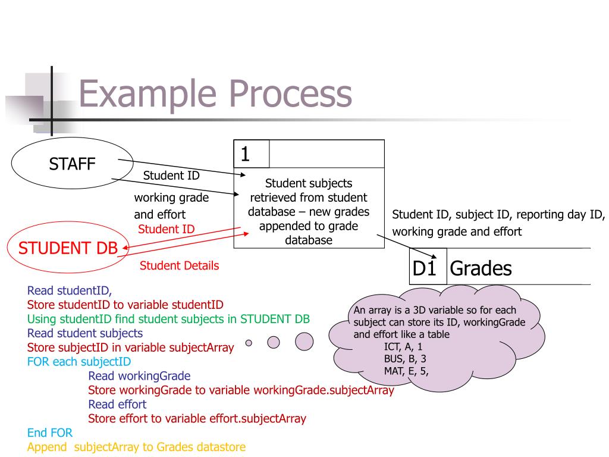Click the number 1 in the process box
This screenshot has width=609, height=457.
point(245,154)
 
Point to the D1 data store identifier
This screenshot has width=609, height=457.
point(425,268)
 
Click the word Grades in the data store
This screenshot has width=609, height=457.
point(481,268)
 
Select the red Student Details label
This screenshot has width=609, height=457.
point(179,266)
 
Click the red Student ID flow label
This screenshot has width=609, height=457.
point(166,229)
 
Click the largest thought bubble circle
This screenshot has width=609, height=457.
point(304,342)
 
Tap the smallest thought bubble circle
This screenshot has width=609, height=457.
point(249,342)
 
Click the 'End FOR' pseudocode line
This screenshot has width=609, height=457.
point(49,433)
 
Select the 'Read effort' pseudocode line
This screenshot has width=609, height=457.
point(117,405)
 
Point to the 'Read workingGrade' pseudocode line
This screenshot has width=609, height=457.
point(139,376)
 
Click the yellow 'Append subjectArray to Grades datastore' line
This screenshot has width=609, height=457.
point(136,447)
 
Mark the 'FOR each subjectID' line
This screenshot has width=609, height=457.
point(79,362)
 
